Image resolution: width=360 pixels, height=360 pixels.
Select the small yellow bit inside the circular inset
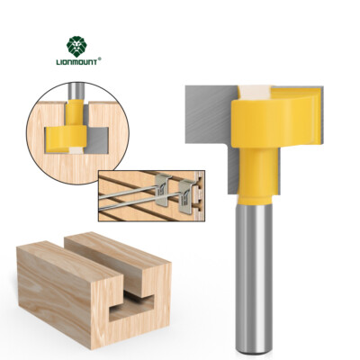(x=70, y=135)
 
